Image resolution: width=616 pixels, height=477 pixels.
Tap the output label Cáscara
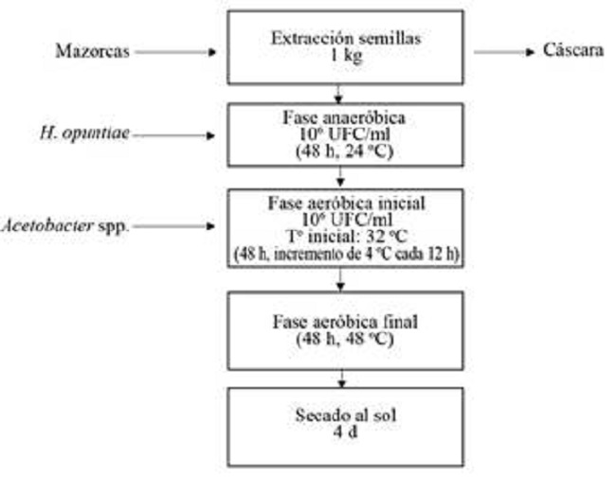572,52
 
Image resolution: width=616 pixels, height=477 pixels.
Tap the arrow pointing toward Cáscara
501,52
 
